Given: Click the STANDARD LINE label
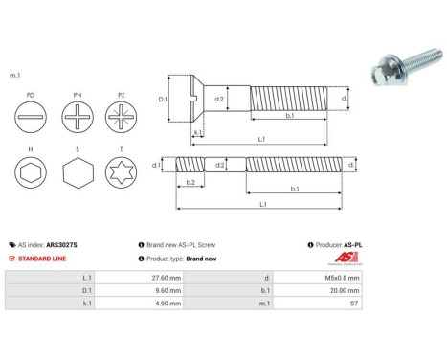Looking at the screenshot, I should pyautogui.click(x=40, y=259).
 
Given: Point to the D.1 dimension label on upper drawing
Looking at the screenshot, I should pyautogui.click(x=162, y=99).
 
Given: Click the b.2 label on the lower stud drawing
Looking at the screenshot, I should pyautogui.click(x=190, y=183).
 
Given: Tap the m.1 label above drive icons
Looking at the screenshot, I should pyautogui.click(x=14, y=75).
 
